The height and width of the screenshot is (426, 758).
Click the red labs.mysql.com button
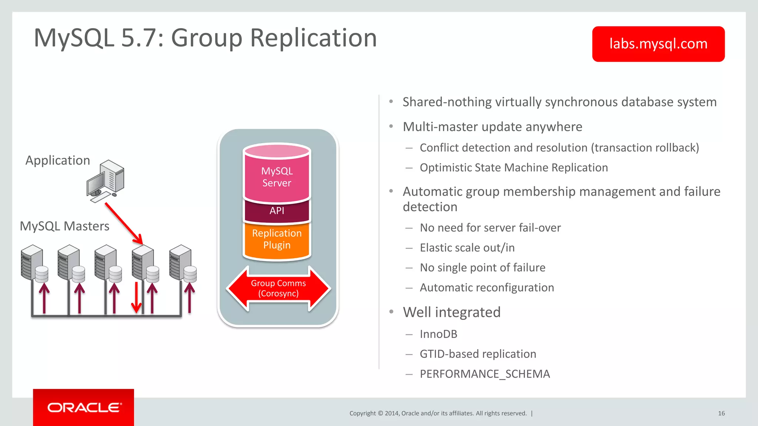[x=658, y=44]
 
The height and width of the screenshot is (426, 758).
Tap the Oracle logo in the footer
[x=84, y=408]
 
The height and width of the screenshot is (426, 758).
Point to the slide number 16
[x=721, y=413]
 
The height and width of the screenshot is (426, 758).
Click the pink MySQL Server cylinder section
[x=277, y=177]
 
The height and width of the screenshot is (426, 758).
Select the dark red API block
[x=277, y=211]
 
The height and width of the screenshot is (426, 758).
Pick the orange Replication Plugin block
[x=277, y=239]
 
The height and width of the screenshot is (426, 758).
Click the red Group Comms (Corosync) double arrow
[x=278, y=288]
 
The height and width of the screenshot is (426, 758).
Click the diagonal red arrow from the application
[x=124, y=223]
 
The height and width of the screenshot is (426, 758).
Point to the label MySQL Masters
[x=64, y=226]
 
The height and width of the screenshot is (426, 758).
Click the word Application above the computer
[x=58, y=160]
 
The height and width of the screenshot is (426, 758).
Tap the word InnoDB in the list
[x=438, y=334]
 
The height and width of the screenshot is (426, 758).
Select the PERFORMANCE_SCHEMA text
[x=485, y=374]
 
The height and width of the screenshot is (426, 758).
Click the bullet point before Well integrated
[x=391, y=312]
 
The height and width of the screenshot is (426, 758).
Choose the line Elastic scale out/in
[x=467, y=248]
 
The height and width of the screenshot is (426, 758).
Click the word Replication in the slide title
[x=313, y=38]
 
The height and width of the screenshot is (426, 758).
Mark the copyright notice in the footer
[x=438, y=413]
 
